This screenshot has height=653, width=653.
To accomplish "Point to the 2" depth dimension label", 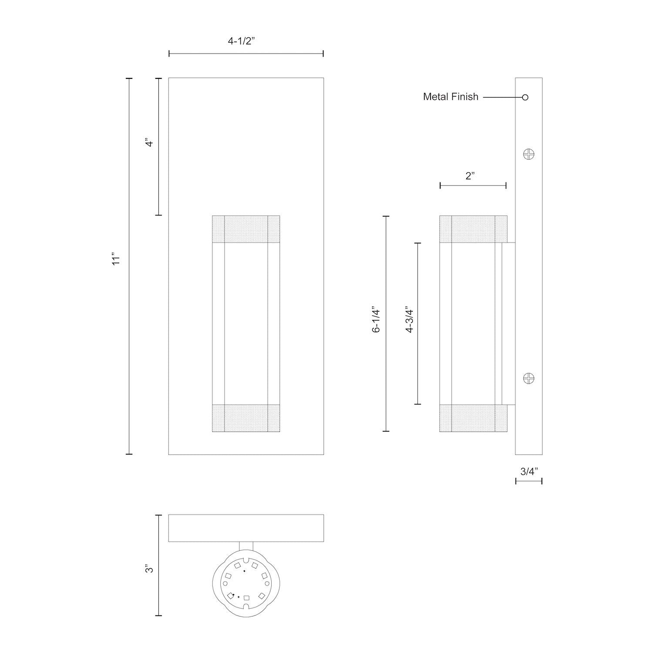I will [470, 176].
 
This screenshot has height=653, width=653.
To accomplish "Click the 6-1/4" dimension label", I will [376, 321].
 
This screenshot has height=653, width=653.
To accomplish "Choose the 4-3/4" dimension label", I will [409, 321].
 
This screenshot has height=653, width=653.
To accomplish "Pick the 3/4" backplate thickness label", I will [529, 471].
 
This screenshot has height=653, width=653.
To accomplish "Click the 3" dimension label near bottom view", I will [150, 569].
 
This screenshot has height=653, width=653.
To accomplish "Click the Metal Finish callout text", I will [451, 97].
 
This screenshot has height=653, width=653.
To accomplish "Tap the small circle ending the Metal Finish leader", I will [525, 97].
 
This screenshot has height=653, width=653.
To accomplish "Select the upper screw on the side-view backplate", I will [528, 154].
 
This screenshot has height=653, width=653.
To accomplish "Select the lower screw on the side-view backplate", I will [528, 378].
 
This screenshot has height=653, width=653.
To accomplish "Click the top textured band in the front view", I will [246, 229].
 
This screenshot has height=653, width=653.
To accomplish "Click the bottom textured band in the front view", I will [246, 418].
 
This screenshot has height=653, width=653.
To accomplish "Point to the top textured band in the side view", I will [473, 229].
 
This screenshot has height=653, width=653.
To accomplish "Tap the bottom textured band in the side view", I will [473, 418].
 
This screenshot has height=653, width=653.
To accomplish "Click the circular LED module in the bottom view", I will [246, 582].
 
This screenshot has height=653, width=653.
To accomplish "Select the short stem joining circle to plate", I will [246, 547].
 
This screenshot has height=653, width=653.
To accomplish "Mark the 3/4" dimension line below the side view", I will [529, 481].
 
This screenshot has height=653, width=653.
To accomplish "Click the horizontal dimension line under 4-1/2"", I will [246, 54].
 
